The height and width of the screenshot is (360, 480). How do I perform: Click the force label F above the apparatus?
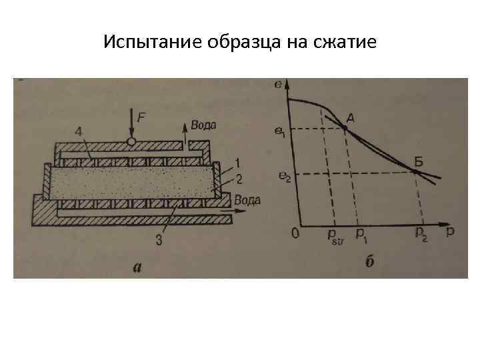point(142,117)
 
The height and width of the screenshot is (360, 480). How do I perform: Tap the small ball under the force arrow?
point(132,141)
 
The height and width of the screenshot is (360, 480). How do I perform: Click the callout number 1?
point(238,163)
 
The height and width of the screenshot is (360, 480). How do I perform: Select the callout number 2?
point(238,177)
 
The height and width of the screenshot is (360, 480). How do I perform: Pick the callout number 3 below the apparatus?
point(158,241)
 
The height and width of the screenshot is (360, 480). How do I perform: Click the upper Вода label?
point(203,125)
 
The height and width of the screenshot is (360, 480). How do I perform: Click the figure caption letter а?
point(137,267)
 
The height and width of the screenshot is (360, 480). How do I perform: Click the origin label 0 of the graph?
point(295,234)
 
